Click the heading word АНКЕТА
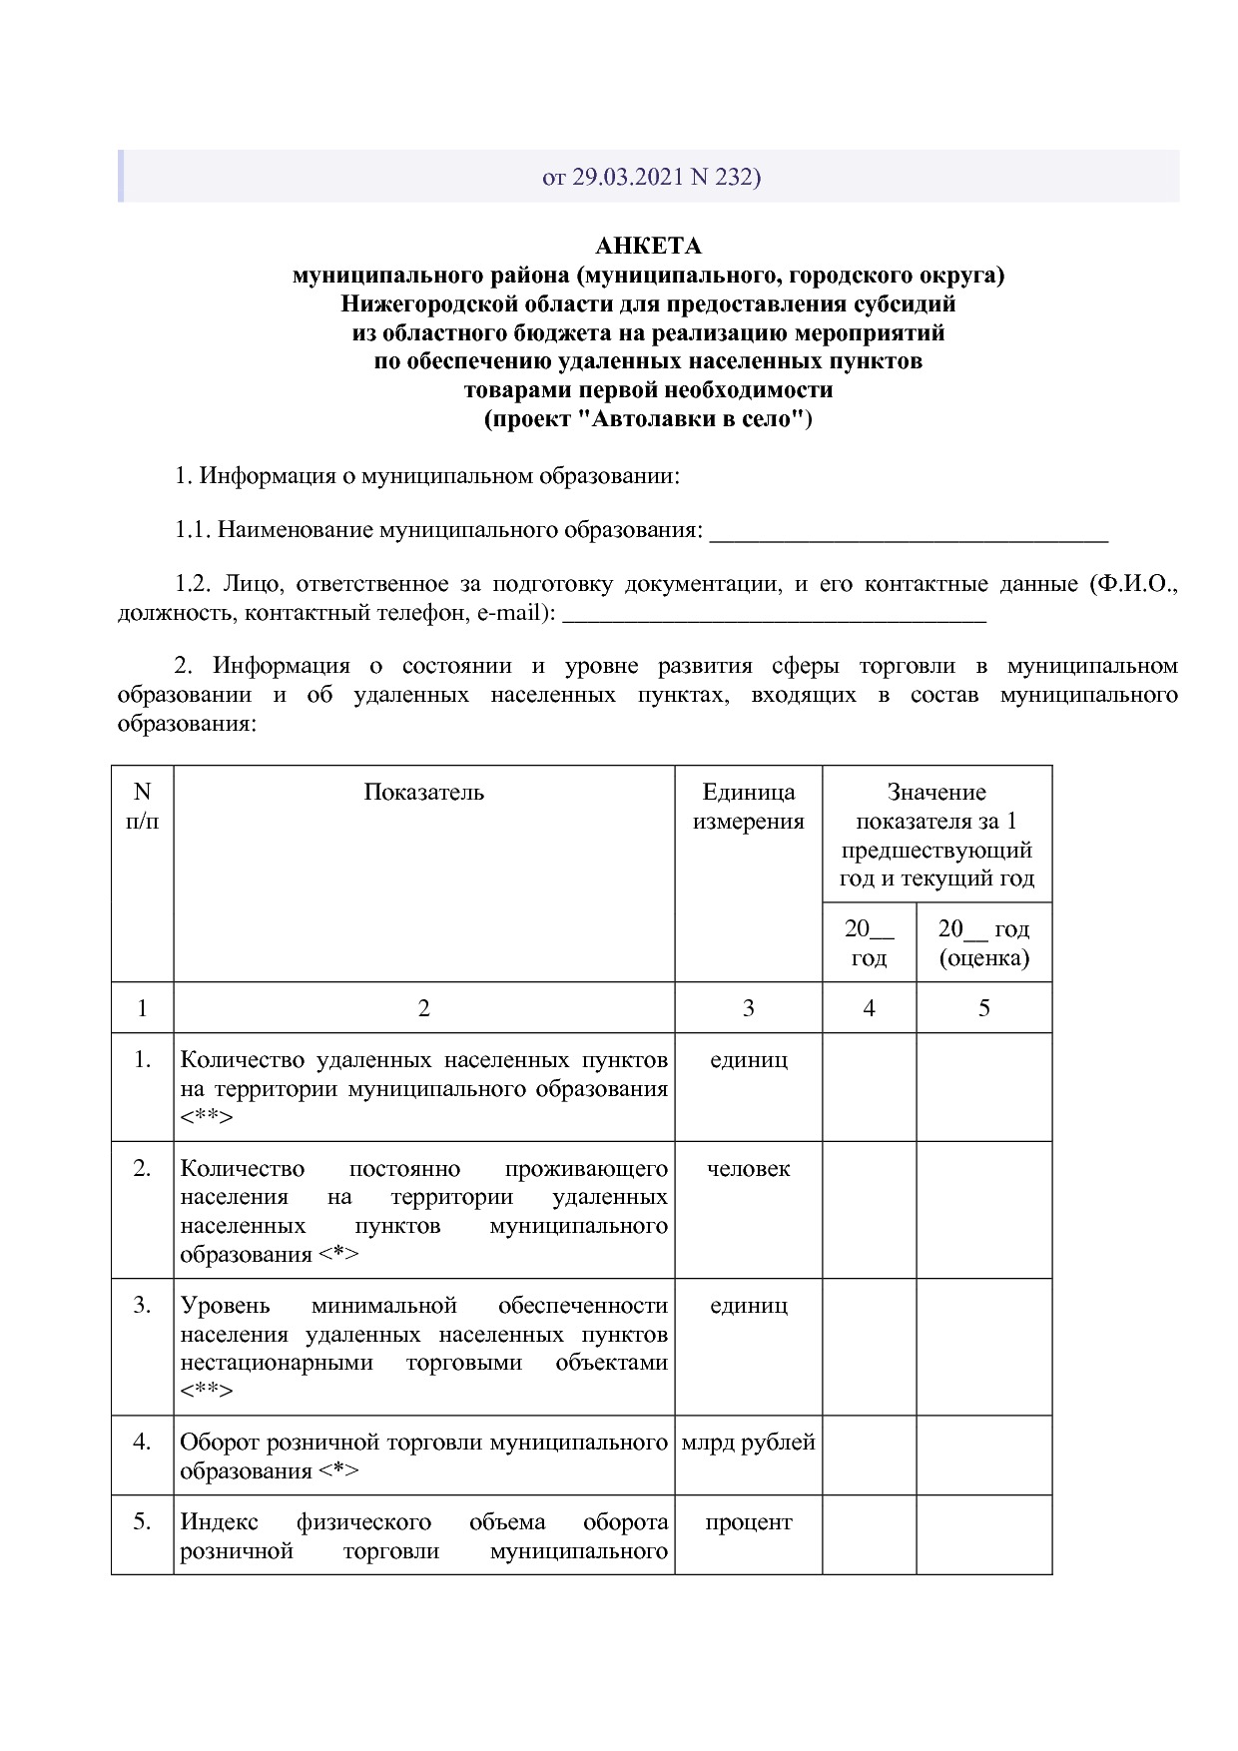click(x=648, y=247)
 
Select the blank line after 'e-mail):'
click(x=775, y=614)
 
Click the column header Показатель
click(x=423, y=793)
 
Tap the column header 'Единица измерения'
click(x=748, y=807)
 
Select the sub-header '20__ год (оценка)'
click(x=983, y=943)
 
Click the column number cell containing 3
click(x=748, y=1008)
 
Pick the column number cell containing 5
click(x=983, y=1008)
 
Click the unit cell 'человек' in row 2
click(x=748, y=1169)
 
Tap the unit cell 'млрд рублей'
click(x=748, y=1443)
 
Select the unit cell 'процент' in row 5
click(x=748, y=1522)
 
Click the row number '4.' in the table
click(x=142, y=1443)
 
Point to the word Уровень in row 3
click(x=225, y=1306)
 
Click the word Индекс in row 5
click(x=219, y=1522)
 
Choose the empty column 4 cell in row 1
click(x=869, y=1087)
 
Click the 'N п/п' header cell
click(x=142, y=807)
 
